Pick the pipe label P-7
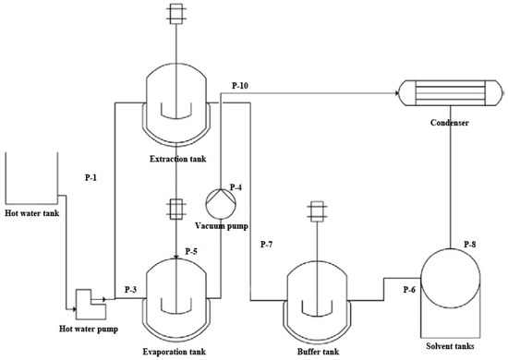(266, 243)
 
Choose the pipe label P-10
(239, 85)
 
